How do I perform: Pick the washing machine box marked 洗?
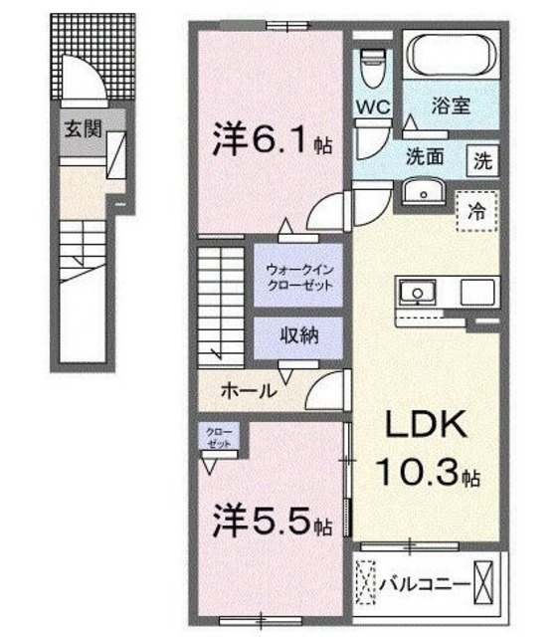pos(482,159)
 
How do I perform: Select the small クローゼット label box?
pos(215,437)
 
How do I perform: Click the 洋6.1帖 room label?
pos(269,140)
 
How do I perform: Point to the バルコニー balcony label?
pos(422,584)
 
